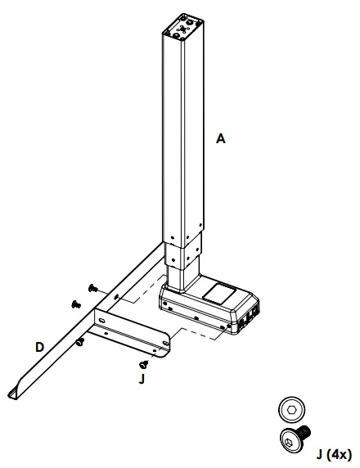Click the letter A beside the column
[x=220, y=140]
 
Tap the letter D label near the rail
[x=39, y=347]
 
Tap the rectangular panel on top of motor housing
[x=218, y=290]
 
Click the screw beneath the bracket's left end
[x=79, y=341]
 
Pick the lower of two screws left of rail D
[x=76, y=304]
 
